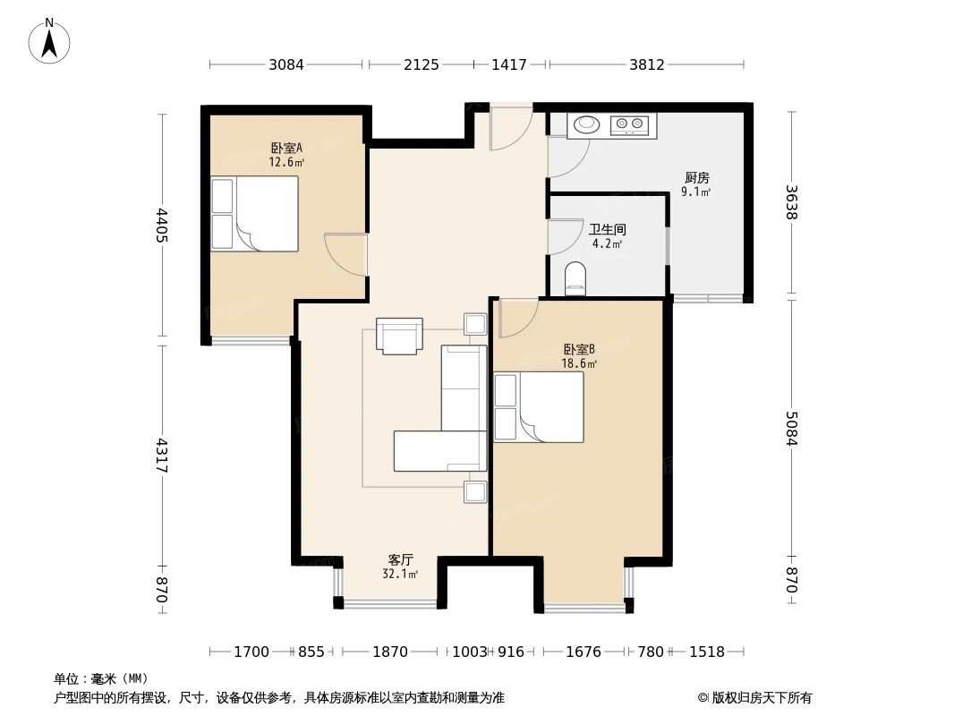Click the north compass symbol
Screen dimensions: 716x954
point(50,40)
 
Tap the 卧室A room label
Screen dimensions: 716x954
point(286,149)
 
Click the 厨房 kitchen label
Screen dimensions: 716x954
point(696,178)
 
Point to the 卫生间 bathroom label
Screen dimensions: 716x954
point(608,230)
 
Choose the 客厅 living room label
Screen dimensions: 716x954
point(400,559)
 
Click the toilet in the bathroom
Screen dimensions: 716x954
point(575,278)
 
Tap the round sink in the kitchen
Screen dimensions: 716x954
point(586,124)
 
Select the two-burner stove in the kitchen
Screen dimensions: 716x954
point(633,124)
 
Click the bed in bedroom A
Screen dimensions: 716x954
point(254,214)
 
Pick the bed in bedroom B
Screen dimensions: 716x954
point(539,407)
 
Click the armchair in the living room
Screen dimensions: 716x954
point(399,337)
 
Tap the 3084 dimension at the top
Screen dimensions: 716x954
point(286,64)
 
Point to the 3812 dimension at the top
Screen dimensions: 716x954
point(646,64)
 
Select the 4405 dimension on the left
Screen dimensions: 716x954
point(162,226)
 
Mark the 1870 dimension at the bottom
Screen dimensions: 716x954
point(390,652)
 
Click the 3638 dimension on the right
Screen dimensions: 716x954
point(791,202)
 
